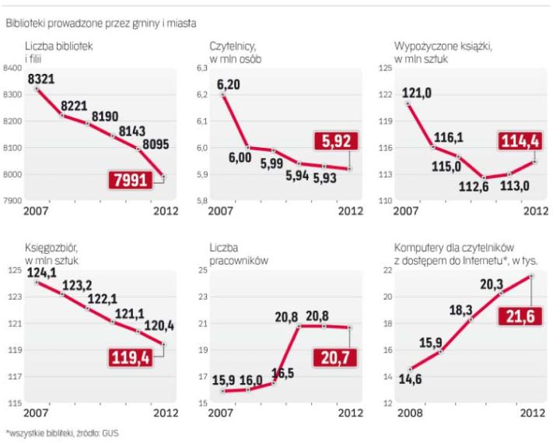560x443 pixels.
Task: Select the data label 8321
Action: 41,79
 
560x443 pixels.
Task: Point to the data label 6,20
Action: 229,84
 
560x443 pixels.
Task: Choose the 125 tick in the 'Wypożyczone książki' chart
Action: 384,69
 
